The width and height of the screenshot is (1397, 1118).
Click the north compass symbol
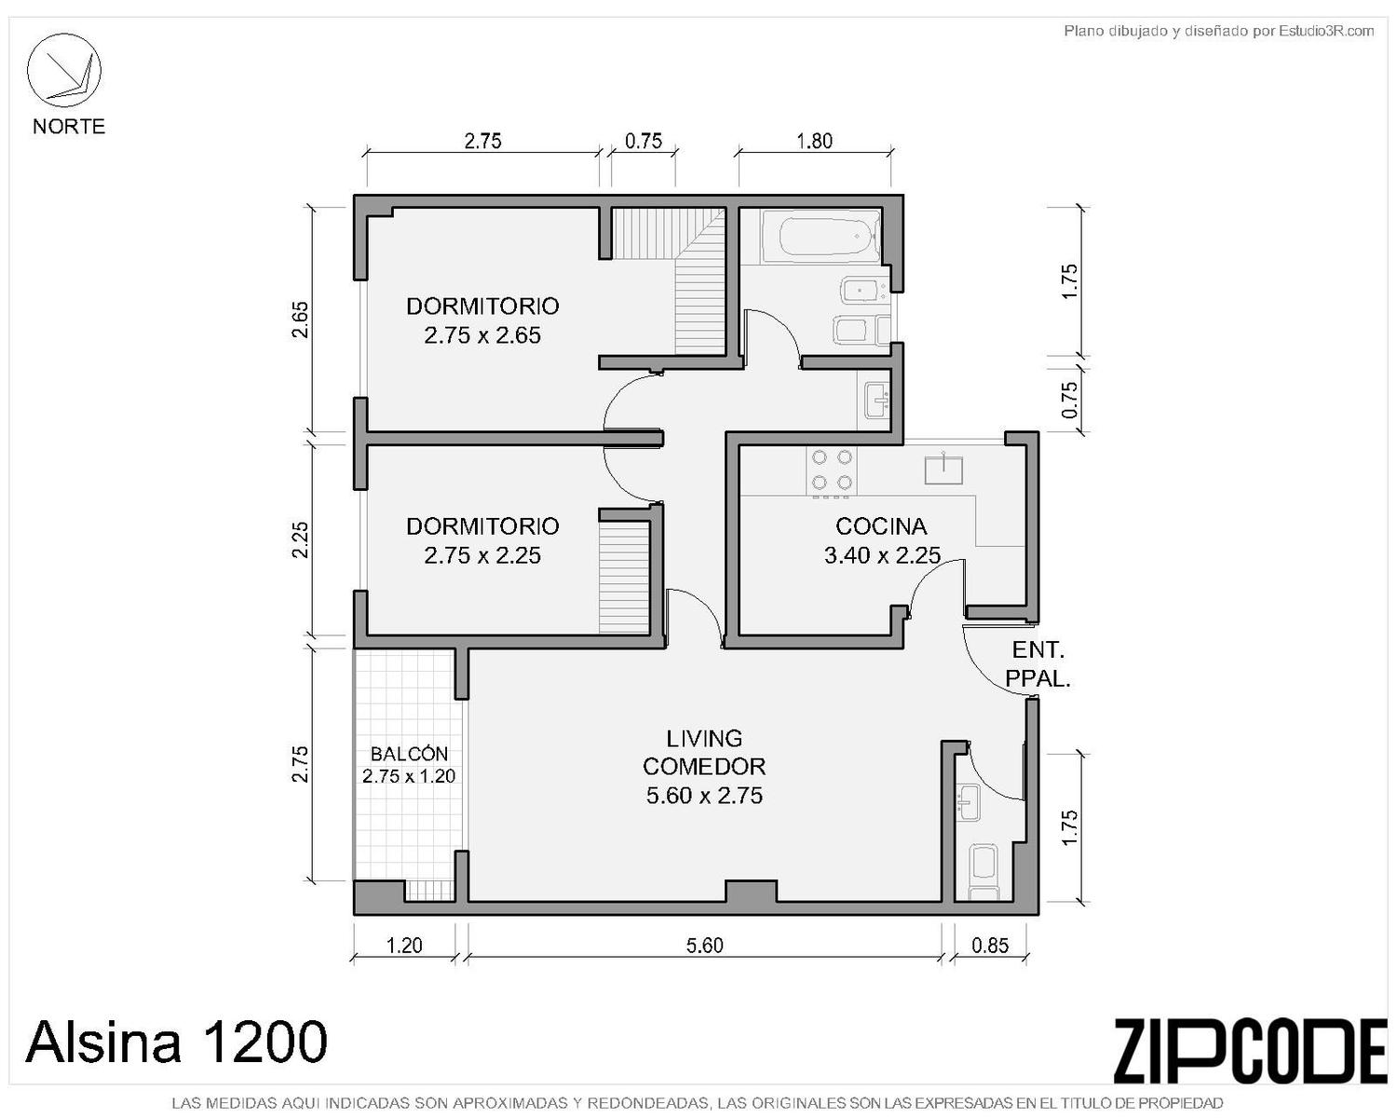point(63,70)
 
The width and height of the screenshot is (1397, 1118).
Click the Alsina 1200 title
point(176,1041)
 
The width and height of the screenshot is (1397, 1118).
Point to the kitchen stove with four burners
point(832,471)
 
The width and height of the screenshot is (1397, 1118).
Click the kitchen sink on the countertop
point(943,469)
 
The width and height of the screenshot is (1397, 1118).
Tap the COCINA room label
point(881,526)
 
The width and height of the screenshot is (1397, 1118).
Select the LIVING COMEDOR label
point(704,752)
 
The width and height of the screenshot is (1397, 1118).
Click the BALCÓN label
point(409,754)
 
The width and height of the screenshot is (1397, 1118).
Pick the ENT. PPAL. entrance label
point(1038,664)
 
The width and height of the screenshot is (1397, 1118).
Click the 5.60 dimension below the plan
point(704,946)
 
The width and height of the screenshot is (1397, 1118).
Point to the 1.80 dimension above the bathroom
point(814,141)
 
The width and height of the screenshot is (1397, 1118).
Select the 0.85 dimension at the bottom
point(990,946)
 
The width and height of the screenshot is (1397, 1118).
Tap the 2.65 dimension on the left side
point(300,320)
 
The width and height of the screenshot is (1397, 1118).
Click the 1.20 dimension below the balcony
point(404,946)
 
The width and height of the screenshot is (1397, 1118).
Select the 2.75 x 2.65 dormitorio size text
point(482,335)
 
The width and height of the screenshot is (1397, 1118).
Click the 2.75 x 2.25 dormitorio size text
point(482,555)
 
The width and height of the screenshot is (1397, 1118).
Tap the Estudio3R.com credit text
point(1326,31)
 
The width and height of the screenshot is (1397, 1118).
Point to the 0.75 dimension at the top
point(644,141)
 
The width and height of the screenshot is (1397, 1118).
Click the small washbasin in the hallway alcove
point(877,401)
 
